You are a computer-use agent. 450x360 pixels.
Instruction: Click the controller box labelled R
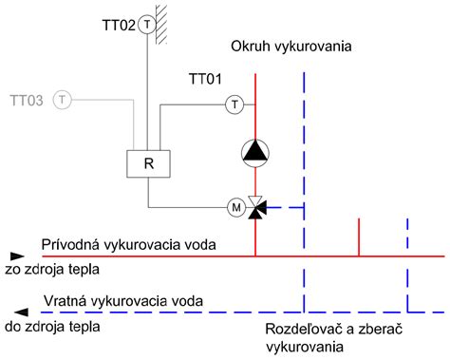click(148, 162)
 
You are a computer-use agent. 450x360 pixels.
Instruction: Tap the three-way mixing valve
click(256, 206)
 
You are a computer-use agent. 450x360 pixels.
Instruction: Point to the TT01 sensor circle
click(234, 104)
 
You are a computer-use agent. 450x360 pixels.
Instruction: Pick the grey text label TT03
click(27, 99)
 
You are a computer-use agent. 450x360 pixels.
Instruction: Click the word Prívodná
click(69, 244)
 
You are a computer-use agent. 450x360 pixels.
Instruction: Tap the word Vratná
click(66, 303)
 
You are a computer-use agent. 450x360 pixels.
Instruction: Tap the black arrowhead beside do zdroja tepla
click(14, 311)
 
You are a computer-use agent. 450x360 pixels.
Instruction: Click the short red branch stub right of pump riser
click(358, 237)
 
